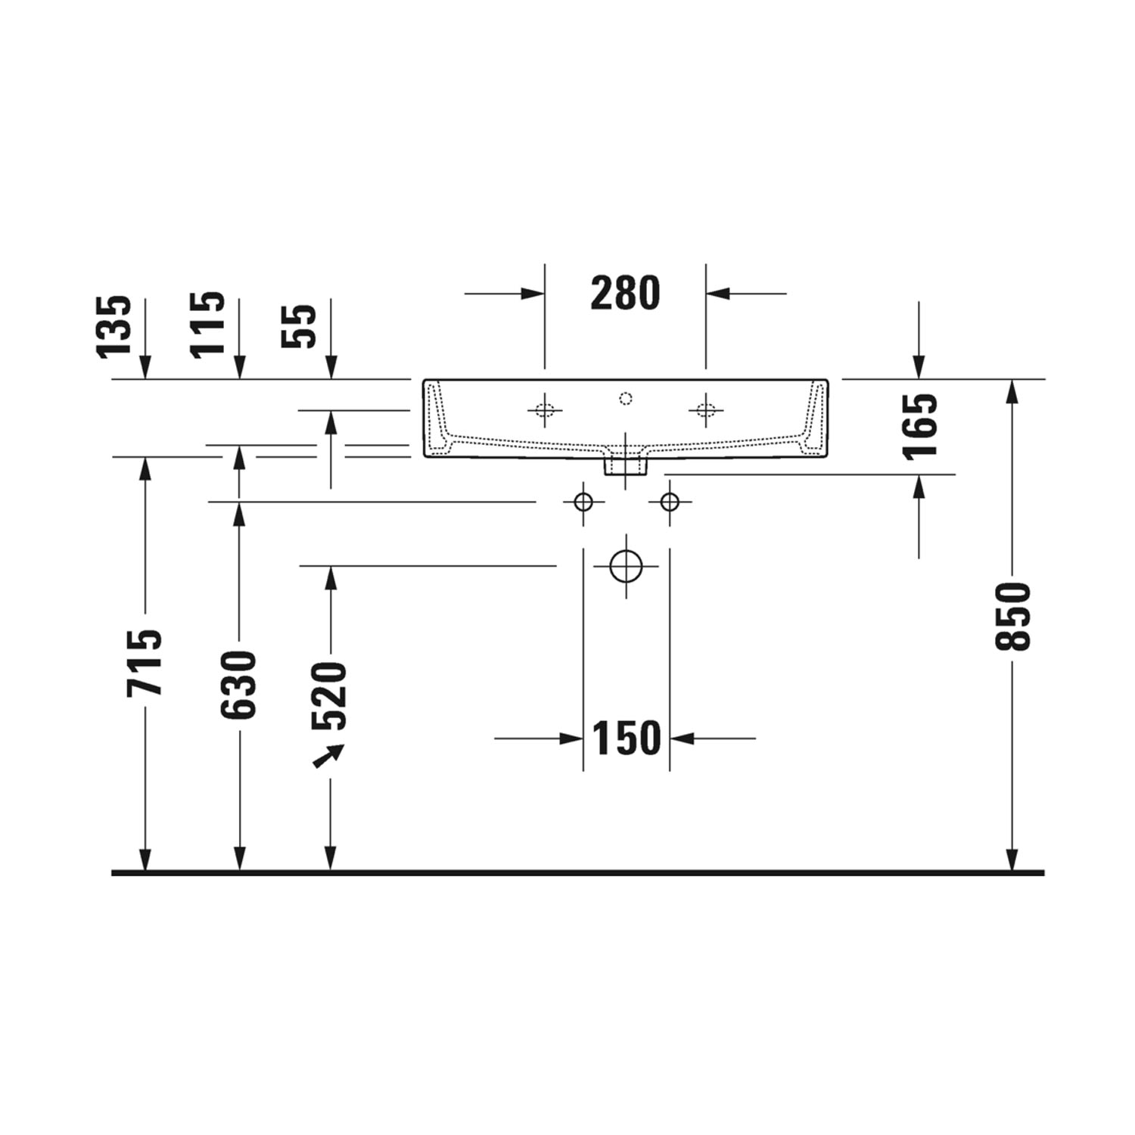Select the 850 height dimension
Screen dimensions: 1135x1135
[1012, 616]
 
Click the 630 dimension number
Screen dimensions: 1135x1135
[239, 685]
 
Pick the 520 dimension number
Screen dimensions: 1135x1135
[330, 695]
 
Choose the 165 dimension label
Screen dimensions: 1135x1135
[919, 426]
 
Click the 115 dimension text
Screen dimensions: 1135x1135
[207, 324]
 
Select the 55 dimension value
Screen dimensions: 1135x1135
[299, 326]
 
